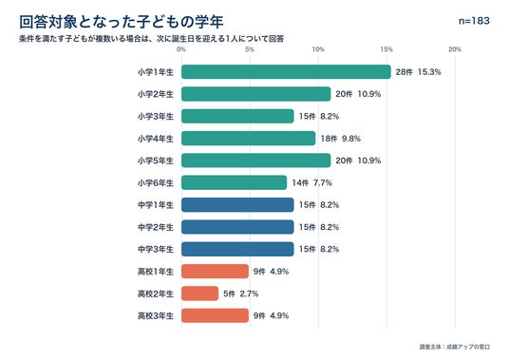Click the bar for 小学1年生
pyautogui.click(x=286, y=72)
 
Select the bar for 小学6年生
pyautogui.click(x=234, y=182)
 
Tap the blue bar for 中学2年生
pyautogui.click(x=237, y=227)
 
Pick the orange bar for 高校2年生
pyautogui.click(x=200, y=294)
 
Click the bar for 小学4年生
pyautogui.click(x=249, y=139)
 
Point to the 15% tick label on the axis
pyautogui.click(x=386, y=49)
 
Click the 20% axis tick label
pyautogui.click(x=455, y=49)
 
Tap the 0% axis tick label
pyautogui.click(x=181, y=49)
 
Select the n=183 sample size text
pyautogui.click(x=474, y=21)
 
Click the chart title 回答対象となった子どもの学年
pyautogui.click(x=122, y=22)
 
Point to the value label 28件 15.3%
pyautogui.click(x=418, y=72)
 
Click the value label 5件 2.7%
pyautogui.click(x=241, y=294)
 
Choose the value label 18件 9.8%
pyautogui.click(x=341, y=139)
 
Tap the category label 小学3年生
pyautogui.click(x=156, y=116)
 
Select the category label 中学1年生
pyautogui.click(x=156, y=205)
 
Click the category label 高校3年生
pyautogui.click(x=156, y=315)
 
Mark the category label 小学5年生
pyautogui.click(x=156, y=161)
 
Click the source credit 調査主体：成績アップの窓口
pyautogui.click(x=455, y=347)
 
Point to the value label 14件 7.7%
pyautogui.click(x=311, y=182)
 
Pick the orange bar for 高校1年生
pyautogui.click(x=215, y=271)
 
